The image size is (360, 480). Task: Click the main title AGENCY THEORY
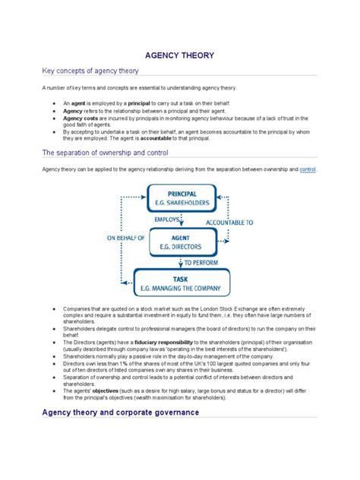click(x=180, y=55)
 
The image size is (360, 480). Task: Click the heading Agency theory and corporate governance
click(x=121, y=412)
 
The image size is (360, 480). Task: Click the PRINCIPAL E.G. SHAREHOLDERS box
click(x=182, y=199)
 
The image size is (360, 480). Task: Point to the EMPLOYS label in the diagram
click(x=167, y=219)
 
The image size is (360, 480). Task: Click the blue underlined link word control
click(x=308, y=169)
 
